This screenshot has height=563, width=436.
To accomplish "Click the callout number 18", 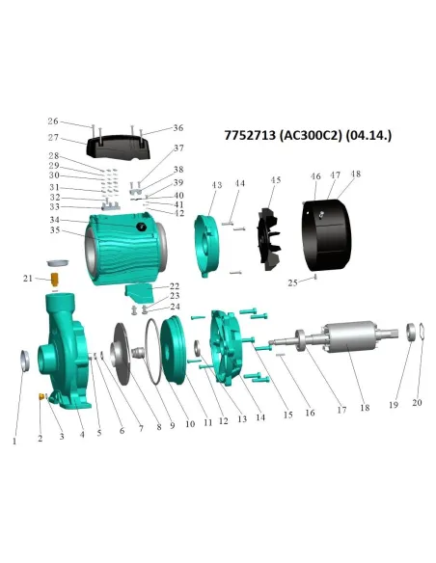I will (x=365, y=408).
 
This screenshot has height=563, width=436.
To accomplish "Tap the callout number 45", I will (x=276, y=180).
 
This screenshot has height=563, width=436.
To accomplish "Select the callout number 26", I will (x=53, y=122).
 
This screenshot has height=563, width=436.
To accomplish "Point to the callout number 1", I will (x=14, y=442).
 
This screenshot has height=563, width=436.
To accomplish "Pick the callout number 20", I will (x=418, y=402).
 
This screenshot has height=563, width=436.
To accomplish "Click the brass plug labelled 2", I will (x=43, y=396).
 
